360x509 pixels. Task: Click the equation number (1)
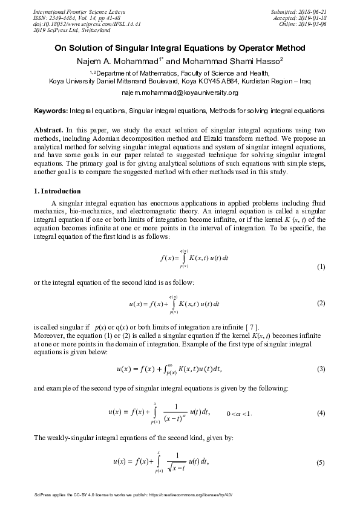321,267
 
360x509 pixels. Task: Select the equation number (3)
321,368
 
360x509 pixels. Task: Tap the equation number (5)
321,462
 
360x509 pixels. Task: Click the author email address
180,92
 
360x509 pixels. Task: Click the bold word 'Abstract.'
47,130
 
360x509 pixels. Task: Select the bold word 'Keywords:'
50,111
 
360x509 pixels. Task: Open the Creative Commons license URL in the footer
191,494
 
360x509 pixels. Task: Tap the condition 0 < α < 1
238,413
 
